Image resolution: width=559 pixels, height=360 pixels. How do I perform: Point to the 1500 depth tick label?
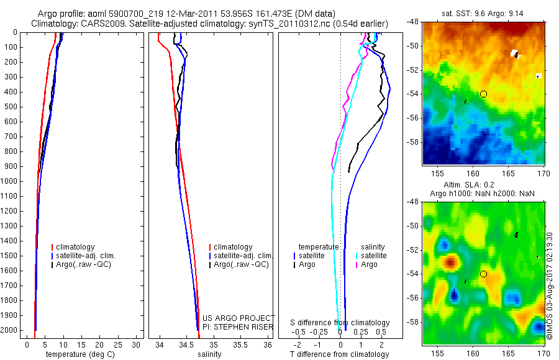point(12,256)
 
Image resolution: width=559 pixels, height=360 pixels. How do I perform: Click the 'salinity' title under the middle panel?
point(209,354)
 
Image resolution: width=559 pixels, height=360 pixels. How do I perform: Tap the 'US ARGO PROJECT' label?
point(238,318)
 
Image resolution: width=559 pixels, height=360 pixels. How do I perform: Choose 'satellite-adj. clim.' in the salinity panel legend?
point(242,256)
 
